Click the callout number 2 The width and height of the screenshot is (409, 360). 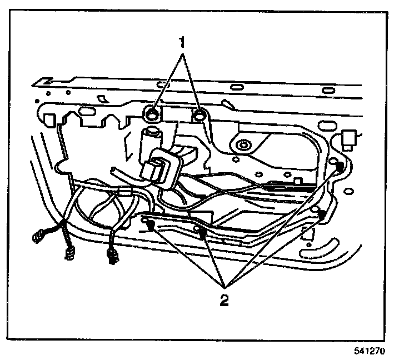click(223, 301)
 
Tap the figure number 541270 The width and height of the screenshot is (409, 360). click(369, 351)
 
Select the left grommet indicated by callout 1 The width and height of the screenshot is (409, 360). click(152, 115)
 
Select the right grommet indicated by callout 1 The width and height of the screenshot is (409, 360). click(201, 116)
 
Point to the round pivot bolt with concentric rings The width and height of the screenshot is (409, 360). click(242, 146)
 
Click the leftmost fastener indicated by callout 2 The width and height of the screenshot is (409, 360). click(151, 224)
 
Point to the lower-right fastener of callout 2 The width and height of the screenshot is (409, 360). click(321, 213)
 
